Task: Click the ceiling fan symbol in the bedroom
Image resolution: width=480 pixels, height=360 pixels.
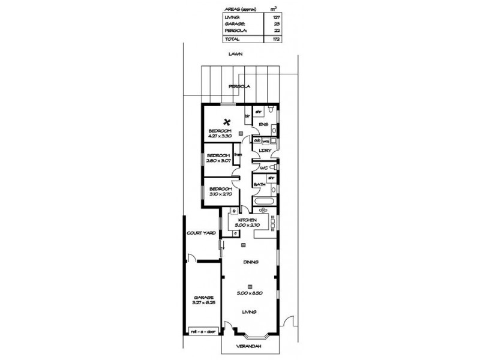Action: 228,119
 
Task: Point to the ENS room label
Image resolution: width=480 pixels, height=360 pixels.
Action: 262,125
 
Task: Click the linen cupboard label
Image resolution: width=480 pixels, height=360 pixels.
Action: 238,155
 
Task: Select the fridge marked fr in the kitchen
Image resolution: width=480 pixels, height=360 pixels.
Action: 234,211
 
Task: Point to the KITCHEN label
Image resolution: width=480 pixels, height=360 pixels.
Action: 247,220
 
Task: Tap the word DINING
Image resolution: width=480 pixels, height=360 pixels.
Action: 250,262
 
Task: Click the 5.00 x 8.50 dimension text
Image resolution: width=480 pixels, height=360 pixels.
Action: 250,293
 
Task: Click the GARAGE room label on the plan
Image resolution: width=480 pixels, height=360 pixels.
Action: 203,297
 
